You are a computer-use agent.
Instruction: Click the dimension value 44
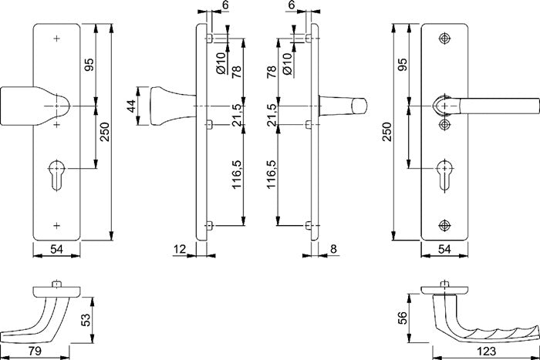tap(131, 106)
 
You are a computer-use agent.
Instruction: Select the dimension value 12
tap(180, 248)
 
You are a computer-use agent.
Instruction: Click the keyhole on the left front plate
tap(57, 171)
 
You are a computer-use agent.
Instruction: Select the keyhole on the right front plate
tap(444, 170)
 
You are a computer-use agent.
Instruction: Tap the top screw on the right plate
tap(444, 39)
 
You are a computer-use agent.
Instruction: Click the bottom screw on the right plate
tap(444, 224)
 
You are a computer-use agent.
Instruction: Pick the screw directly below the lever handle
tap(444, 124)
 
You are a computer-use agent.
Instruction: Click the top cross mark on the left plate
tap(57, 38)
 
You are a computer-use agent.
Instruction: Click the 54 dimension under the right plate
tap(443, 248)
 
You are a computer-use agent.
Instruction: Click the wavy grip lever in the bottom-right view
tap(486, 324)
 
